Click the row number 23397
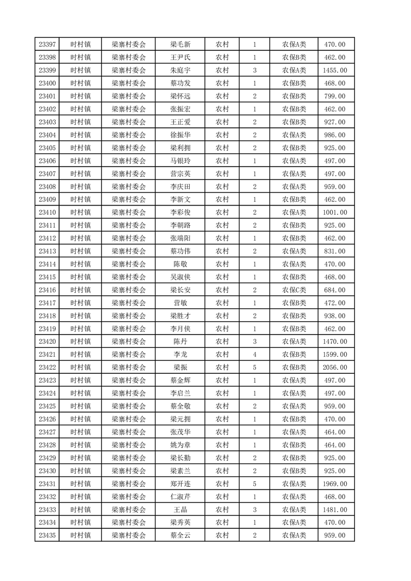(47, 45)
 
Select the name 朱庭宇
(180, 70)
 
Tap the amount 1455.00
(334, 70)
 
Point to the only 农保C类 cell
(294, 290)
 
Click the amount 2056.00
(334, 368)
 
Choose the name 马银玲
(180, 161)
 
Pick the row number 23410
(47, 212)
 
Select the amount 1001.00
(334, 212)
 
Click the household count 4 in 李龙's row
(254, 355)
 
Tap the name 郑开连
(180, 484)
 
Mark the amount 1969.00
(334, 484)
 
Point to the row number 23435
(47, 535)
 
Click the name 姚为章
(180, 445)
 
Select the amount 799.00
(334, 96)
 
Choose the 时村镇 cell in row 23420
(80, 342)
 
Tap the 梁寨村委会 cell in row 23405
(129, 148)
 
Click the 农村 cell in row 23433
(222, 510)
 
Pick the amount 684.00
(334, 290)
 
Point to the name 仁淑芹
(180, 497)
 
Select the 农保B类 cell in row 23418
(294, 316)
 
